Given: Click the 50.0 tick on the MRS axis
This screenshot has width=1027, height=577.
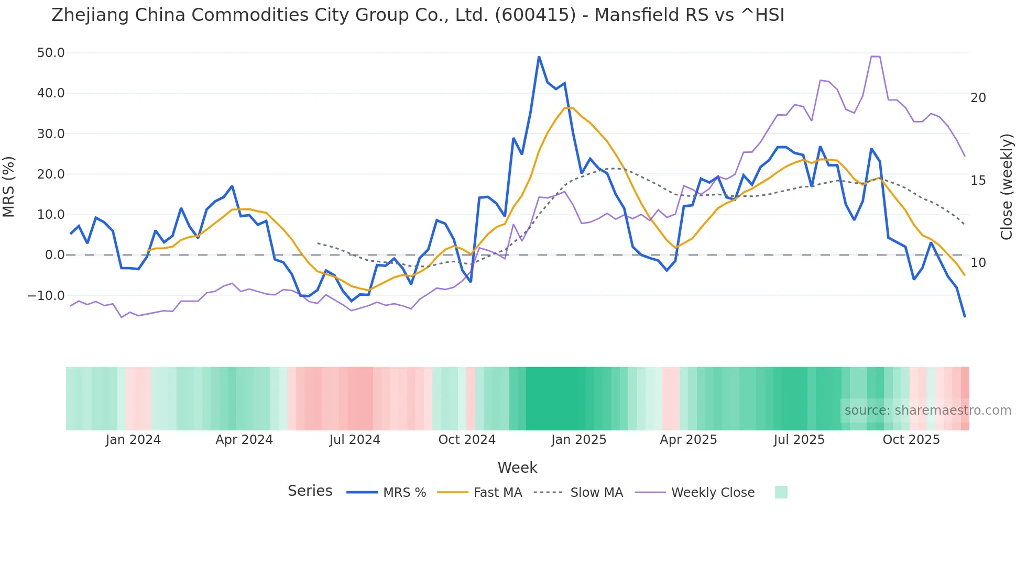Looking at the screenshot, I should coord(51,53).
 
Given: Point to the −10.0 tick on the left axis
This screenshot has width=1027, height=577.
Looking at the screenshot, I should coord(46,296).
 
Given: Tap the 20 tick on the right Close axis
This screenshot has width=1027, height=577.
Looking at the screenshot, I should coord(978,98).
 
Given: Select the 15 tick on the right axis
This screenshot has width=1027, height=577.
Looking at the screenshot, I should coord(978,181).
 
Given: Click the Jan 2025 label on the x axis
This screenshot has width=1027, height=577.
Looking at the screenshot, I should coord(578,440).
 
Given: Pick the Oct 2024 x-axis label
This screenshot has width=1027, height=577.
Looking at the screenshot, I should coord(467,440).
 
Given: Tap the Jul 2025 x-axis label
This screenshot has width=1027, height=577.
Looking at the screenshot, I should coord(799,440).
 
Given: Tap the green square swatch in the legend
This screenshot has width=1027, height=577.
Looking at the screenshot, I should coord(781,492).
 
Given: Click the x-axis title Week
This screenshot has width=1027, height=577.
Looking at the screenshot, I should coord(517,468).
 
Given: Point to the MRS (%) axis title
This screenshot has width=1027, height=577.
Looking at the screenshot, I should coord(9,186).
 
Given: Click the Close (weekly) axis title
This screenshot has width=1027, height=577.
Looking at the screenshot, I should coord(1006,187).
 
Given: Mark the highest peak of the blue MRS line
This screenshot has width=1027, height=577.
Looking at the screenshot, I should coord(539,57).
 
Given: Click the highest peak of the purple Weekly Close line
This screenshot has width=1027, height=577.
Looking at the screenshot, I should coord(875,57).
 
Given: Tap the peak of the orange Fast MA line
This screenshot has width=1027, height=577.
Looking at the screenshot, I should coord(569,108).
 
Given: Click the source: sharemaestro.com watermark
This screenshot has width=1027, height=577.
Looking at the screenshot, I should coord(927,410).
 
